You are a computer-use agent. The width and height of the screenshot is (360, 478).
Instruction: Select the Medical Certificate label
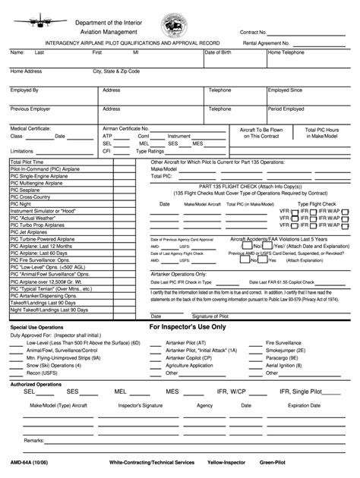(30, 129)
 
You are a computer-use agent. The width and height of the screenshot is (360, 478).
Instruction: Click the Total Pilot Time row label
(27, 162)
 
